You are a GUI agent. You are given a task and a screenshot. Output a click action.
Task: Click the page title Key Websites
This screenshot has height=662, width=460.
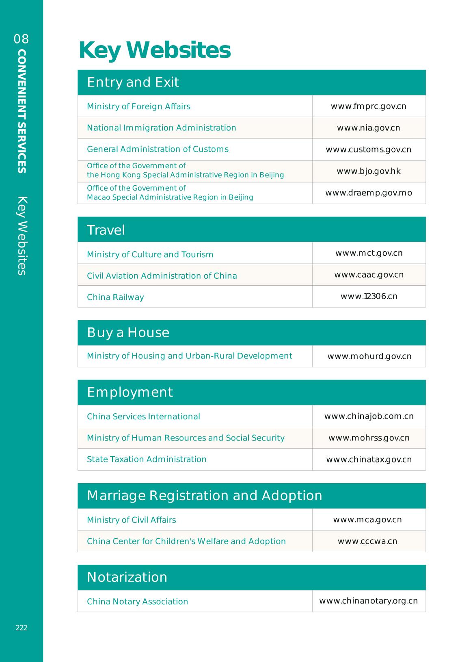coord(154,50)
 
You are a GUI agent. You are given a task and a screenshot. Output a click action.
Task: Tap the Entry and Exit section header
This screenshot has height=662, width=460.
coord(133,82)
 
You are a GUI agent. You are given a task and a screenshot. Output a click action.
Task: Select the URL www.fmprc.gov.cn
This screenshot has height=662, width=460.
coord(368,106)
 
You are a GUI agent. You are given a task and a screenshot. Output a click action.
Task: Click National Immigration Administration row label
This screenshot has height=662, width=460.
coord(161,128)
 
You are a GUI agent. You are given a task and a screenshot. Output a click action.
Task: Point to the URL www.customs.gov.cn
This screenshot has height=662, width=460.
coord(368,150)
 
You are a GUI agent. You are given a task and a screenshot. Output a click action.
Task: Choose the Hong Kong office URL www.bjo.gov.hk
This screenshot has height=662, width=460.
coord(368,171)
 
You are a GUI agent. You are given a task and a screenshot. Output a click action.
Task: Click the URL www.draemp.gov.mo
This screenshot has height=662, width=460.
coord(368,193)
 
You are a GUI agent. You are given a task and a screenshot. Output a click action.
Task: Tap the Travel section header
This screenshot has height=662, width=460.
coord(106,230)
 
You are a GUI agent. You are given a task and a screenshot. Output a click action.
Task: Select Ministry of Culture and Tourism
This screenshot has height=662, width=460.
coord(150,254)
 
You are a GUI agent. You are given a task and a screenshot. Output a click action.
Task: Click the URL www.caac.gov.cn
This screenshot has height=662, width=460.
coord(369,275)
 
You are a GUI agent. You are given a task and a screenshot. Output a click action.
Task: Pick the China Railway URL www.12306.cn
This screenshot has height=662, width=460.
coord(369,296)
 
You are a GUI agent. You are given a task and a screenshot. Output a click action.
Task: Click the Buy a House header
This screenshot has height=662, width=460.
coord(128,332)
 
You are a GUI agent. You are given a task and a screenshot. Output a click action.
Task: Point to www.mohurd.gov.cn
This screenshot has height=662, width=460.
coord(369,356)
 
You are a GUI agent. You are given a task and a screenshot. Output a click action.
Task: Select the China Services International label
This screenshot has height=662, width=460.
coord(143,417)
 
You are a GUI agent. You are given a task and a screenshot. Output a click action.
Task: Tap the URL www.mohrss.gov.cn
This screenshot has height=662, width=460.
coord(369,438)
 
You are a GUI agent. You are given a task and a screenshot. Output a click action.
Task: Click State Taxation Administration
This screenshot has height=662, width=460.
coord(147,459)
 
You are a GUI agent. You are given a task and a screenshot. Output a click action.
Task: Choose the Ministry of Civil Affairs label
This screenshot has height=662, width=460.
coord(131,520)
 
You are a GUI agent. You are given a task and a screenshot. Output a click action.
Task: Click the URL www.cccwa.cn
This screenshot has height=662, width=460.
coord(367,541)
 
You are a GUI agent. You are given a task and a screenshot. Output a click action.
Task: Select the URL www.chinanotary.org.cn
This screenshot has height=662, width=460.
coord(368,601)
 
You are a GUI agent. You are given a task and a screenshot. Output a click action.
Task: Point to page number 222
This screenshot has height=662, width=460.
coord(22,628)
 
